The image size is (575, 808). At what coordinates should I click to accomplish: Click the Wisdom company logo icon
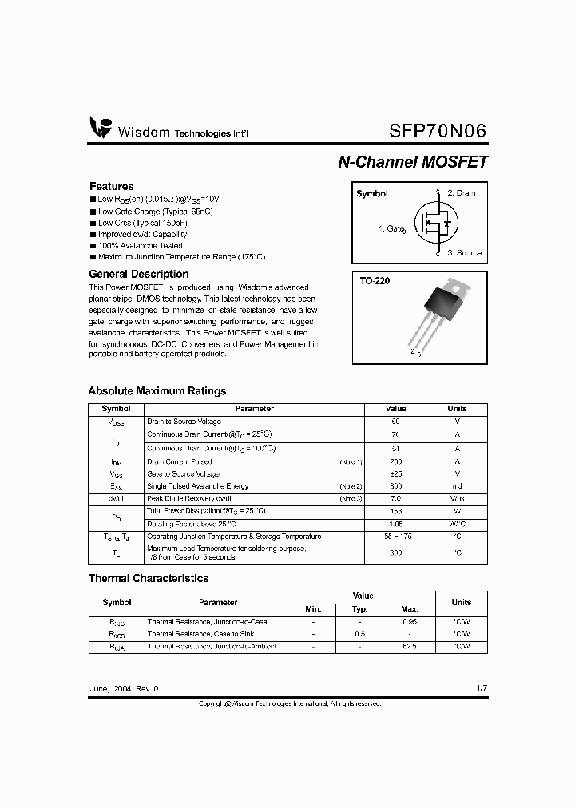101,128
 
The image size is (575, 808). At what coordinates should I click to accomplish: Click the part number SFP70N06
437,130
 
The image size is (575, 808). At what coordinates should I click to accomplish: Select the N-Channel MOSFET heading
412,161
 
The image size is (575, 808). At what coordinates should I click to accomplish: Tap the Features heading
111,186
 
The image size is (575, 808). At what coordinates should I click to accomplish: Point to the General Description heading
138,274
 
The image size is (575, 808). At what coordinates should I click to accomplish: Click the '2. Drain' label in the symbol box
462,193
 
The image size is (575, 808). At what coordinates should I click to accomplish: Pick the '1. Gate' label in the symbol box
391,228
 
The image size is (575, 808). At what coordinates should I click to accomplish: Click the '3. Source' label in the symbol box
464,252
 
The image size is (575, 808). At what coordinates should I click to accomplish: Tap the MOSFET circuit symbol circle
433,224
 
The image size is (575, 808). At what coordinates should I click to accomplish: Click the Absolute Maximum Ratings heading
157,390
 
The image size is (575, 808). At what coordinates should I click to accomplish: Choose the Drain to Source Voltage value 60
395,421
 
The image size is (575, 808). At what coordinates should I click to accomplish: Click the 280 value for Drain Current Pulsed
395,461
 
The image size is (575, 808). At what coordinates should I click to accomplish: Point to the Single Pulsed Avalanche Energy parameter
197,485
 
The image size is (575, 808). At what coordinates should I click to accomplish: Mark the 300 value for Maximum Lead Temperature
395,553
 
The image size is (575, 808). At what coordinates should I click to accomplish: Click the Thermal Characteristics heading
148,578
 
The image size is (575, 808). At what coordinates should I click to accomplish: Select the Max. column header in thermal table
410,609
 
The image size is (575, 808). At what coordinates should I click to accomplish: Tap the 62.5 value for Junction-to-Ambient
410,646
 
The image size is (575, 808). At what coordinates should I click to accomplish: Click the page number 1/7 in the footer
480,687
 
